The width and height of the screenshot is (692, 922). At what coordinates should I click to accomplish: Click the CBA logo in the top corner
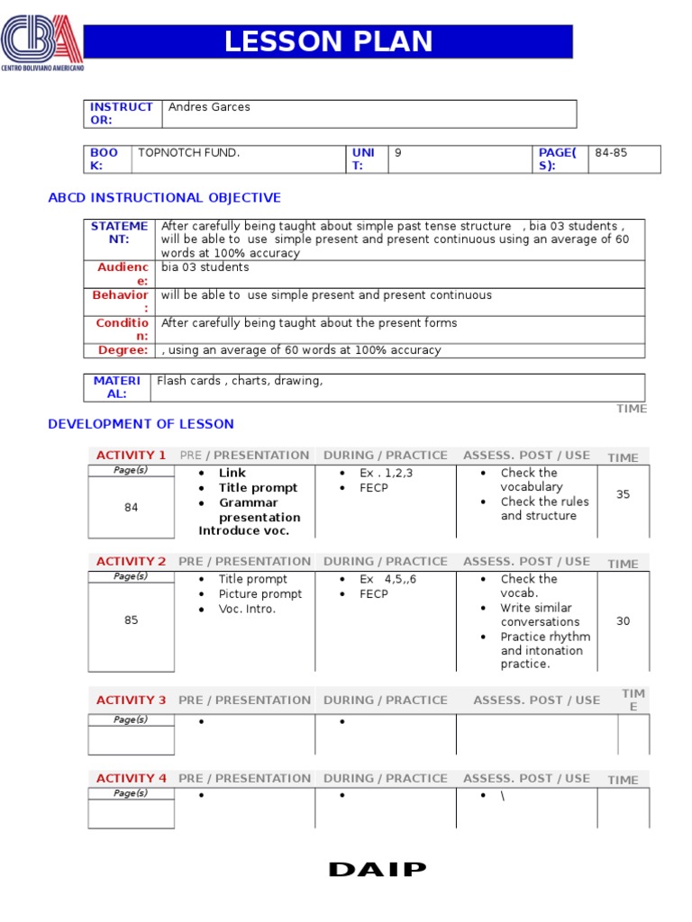tap(42, 43)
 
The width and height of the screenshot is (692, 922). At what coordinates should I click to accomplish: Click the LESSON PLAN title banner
tap(328, 41)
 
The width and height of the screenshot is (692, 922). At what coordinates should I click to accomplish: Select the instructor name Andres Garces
tap(209, 107)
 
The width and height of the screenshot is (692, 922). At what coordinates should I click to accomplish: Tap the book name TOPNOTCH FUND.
tap(188, 153)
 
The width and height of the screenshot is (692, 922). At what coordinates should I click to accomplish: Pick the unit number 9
tap(397, 153)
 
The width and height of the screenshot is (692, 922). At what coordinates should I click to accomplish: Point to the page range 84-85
tap(611, 153)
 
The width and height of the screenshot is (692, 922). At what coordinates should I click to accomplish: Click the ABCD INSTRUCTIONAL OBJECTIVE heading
tap(164, 198)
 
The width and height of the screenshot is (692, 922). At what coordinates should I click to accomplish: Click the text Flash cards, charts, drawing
tap(240, 381)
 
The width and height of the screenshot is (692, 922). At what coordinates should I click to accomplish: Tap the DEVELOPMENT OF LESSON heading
tap(141, 424)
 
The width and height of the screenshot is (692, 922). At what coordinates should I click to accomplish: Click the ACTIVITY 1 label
tap(131, 456)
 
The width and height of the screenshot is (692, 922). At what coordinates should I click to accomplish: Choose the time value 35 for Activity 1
tap(623, 494)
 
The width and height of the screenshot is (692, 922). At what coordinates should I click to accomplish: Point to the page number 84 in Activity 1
tap(132, 508)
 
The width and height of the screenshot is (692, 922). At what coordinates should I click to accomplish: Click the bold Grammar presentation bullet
tap(259, 510)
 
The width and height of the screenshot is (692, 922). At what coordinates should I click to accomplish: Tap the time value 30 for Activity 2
tap(623, 621)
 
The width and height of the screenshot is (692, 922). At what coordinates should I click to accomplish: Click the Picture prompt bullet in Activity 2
tap(259, 594)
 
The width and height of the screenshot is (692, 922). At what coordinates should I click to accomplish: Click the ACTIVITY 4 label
tap(131, 779)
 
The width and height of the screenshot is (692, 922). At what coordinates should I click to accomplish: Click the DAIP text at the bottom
tap(378, 870)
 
